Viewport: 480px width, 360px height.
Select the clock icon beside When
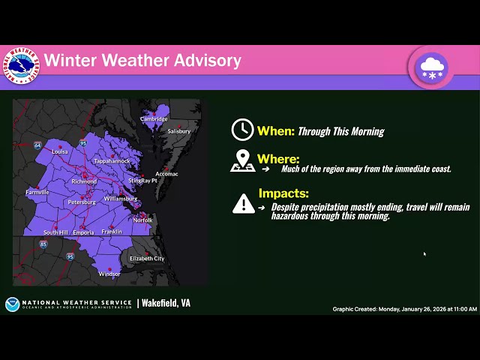[x=242, y=130]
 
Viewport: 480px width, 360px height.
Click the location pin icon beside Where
[x=242, y=160]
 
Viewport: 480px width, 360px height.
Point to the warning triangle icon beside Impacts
[x=243, y=203]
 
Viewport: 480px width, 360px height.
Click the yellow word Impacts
[x=283, y=193]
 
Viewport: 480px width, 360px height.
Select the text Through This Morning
[x=340, y=131]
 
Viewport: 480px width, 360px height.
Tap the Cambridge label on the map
[x=155, y=119]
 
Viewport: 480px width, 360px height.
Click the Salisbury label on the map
[x=178, y=131]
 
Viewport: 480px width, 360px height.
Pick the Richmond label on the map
[x=83, y=181]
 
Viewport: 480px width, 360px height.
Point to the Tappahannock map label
[x=112, y=161]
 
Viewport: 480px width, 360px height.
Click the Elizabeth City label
[x=147, y=259]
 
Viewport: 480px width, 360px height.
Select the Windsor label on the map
[x=109, y=274]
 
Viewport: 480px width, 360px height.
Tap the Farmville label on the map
[x=37, y=192]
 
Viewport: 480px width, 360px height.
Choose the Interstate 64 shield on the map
[x=37, y=145]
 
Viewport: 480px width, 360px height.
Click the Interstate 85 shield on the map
[x=43, y=244]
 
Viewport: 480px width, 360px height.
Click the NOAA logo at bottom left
[x=12, y=304]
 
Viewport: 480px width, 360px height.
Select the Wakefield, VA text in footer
[x=166, y=303]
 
